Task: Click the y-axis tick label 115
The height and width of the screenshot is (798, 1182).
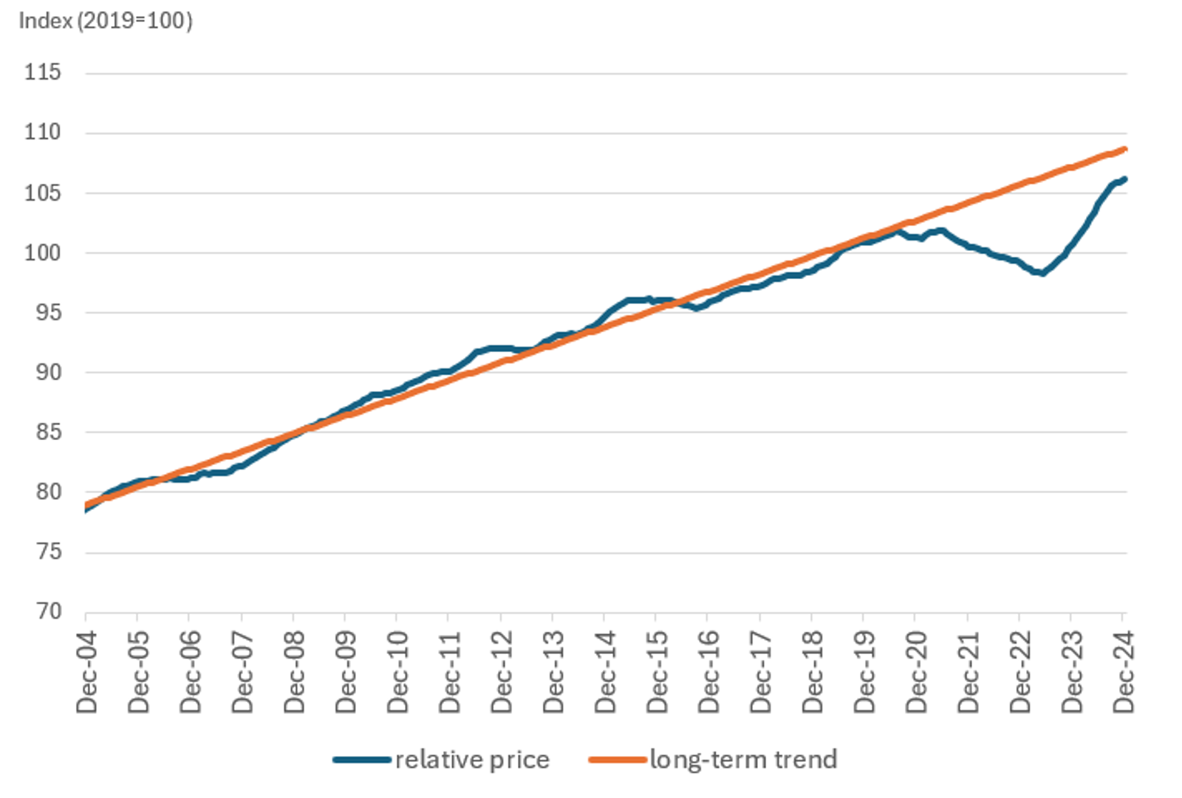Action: [42, 72]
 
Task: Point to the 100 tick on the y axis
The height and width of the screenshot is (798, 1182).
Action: [42, 252]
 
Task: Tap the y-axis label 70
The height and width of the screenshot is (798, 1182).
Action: [49, 611]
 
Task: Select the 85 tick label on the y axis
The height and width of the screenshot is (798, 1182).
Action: [49, 432]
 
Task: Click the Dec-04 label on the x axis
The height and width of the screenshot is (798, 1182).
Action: [87, 672]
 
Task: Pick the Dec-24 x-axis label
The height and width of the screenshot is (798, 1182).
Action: [1124, 672]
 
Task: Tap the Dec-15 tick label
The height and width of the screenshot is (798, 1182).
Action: [657, 672]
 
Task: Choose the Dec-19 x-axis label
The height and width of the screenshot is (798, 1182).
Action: [864, 672]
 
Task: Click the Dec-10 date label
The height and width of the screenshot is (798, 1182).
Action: [397, 672]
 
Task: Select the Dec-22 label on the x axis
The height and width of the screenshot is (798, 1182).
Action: [1020, 672]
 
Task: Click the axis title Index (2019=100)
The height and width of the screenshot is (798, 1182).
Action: [106, 21]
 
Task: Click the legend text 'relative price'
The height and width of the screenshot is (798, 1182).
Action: [472, 760]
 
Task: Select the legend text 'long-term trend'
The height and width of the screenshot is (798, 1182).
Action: [743, 760]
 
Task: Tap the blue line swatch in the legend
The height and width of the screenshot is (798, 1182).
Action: [361, 760]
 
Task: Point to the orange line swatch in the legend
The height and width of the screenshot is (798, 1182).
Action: [617, 760]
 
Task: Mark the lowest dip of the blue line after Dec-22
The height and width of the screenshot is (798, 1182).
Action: [1042, 273]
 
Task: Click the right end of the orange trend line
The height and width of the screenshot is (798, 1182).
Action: [1124, 149]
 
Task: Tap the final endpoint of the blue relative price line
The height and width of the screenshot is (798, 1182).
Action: [1124, 179]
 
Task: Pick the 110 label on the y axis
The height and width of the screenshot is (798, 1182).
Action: [42, 133]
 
